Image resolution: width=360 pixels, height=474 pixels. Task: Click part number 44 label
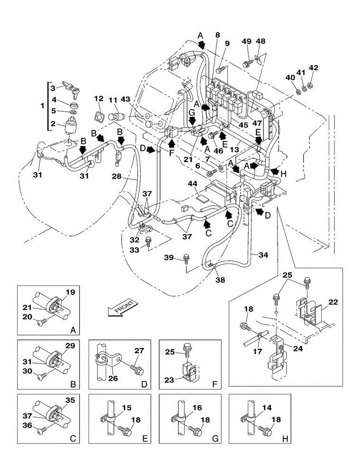[x=206, y=183]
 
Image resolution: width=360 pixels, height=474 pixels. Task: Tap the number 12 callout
[x=99, y=99]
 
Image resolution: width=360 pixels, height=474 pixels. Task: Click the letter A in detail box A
[x=72, y=330]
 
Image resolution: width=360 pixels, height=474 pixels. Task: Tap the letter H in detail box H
[x=285, y=439]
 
